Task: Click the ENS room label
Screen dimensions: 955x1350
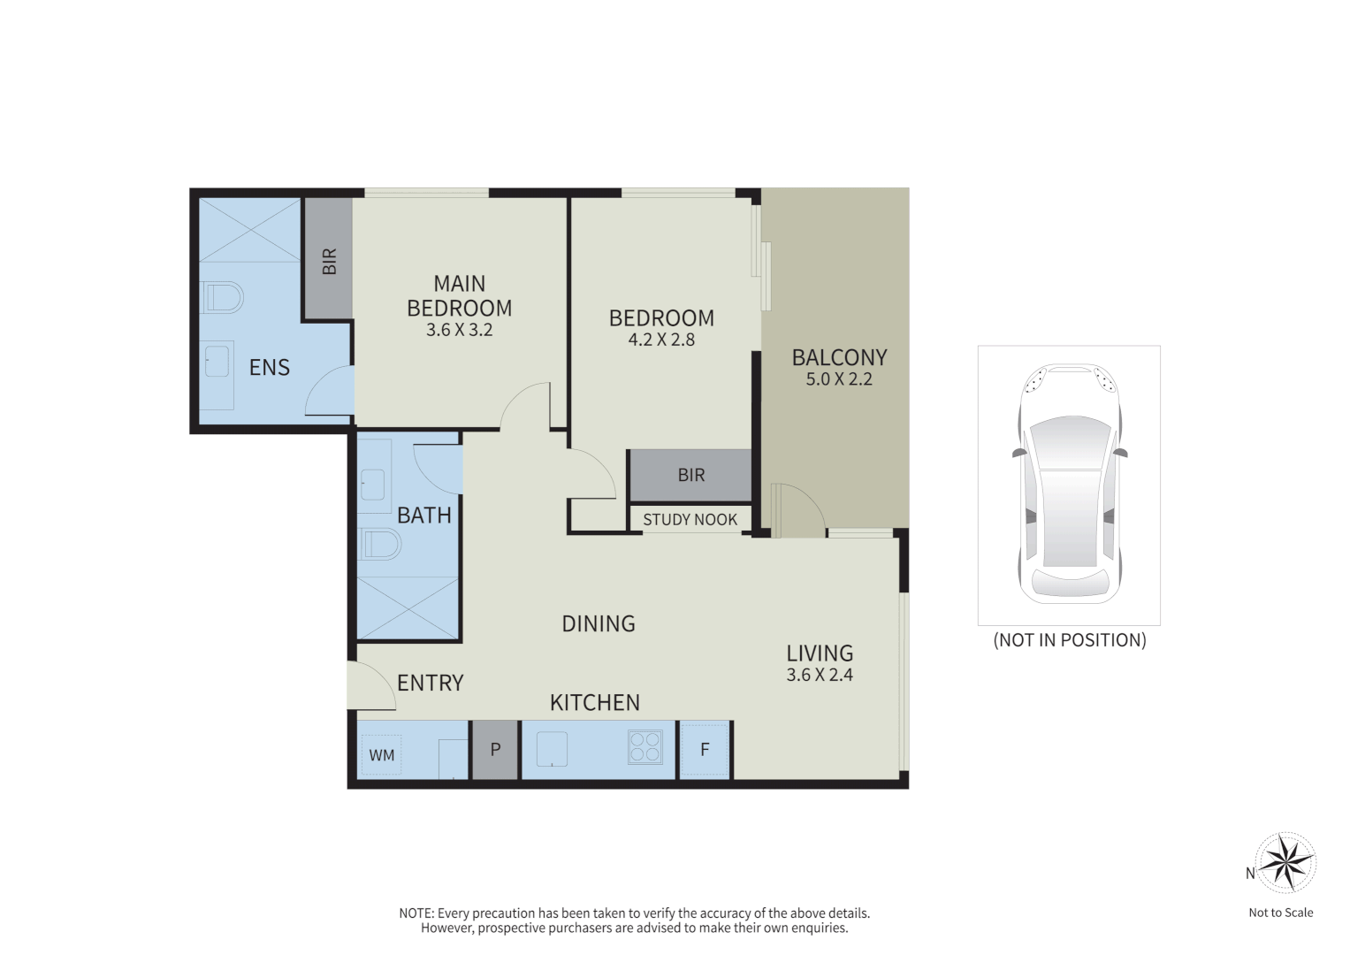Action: [x=269, y=367]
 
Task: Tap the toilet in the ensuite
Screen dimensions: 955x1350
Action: [x=221, y=298]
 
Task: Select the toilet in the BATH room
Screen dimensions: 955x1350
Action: [x=380, y=544]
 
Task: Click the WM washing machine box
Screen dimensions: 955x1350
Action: [x=382, y=755]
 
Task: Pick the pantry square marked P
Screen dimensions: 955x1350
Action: [x=495, y=750]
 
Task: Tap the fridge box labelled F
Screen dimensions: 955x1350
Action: [x=705, y=750]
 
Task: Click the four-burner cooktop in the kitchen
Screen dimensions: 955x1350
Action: [x=644, y=746]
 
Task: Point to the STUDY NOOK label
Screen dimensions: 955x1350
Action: [x=690, y=520]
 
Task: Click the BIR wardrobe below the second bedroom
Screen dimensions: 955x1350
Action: [x=690, y=476]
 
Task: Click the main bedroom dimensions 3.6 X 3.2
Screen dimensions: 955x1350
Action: [x=459, y=330]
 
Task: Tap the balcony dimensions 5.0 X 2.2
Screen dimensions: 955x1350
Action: [x=839, y=379]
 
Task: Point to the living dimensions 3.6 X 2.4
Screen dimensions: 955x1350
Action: [x=820, y=675]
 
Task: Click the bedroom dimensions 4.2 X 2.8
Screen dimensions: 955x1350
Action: [x=661, y=340]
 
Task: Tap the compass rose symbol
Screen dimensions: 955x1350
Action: [x=1286, y=862]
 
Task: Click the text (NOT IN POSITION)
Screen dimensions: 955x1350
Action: [x=1070, y=640]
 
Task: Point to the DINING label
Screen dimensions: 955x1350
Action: [x=599, y=623]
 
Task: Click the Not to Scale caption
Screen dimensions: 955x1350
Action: [x=1280, y=913]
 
